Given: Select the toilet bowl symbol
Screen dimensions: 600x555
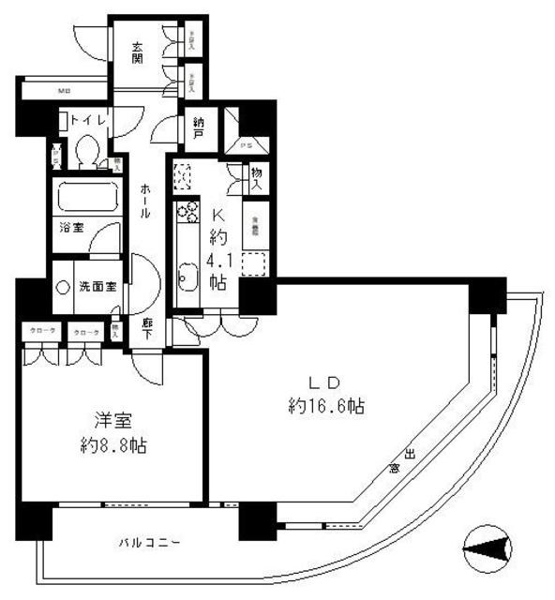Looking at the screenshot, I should point(90,151).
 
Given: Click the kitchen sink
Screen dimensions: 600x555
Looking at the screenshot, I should point(185,277).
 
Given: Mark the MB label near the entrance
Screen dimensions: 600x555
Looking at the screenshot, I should point(64,91).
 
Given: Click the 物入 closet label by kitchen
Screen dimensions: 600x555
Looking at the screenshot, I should point(256,177).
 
